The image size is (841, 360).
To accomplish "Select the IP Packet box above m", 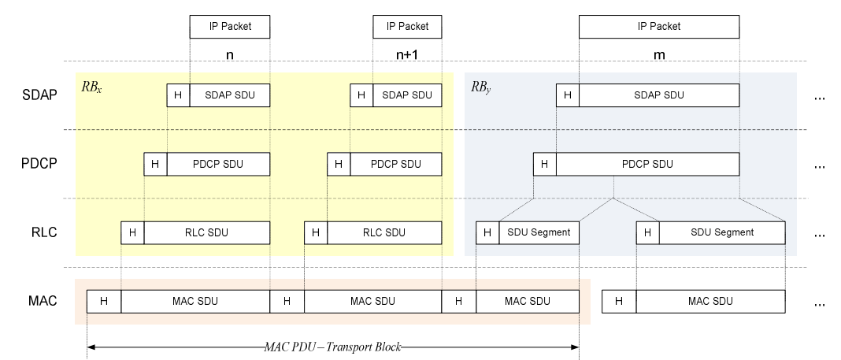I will point(659,27).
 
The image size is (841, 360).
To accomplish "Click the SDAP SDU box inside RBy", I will point(659,95).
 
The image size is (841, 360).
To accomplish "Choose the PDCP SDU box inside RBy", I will point(647,164).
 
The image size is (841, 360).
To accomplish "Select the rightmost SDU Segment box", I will point(722,232).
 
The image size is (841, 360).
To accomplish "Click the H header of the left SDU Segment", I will point(487,232).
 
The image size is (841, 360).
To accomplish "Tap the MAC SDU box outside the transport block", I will point(709,301).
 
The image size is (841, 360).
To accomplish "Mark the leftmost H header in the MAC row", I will point(103,301).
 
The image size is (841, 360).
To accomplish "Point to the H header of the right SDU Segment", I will point(647,232).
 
